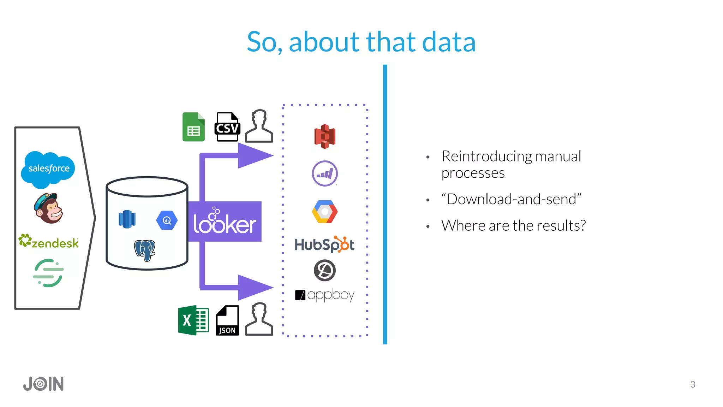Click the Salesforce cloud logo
pyautogui.click(x=48, y=169)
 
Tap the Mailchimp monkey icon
pyautogui.click(x=49, y=208)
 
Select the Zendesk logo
pyautogui.click(x=49, y=242)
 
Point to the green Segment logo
pyautogui.click(x=48, y=273)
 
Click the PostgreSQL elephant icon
pyautogui.click(x=145, y=250)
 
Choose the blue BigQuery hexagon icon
pyautogui.click(x=167, y=220)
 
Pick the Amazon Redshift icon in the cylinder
pyautogui.click(x=127, y=219)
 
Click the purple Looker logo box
pyautogui.click(x=225, y=222)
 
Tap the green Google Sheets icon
pyautogui.click(x=193, y=127)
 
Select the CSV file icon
pyautogui.click(x=227, y=127)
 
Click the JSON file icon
pyautogui.click(x=227, y=320)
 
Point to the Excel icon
pyautogui.click(x=193, y=320)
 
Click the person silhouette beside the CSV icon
pyautogui.click(x=259, y=126)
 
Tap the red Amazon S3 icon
pyautogui.click(x=325, y=136)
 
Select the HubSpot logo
pyautogui.click(x=324, y=244)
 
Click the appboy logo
pyautogui.click(x=325, y=295)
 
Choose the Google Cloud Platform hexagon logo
pyautogui.click(x=325, y=212)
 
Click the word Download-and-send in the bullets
pyautogui.click(x=511, y=199)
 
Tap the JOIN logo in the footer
pyautogui.click(x=43, y=384)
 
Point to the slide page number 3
pyautogui.click(x=693, y=384)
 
